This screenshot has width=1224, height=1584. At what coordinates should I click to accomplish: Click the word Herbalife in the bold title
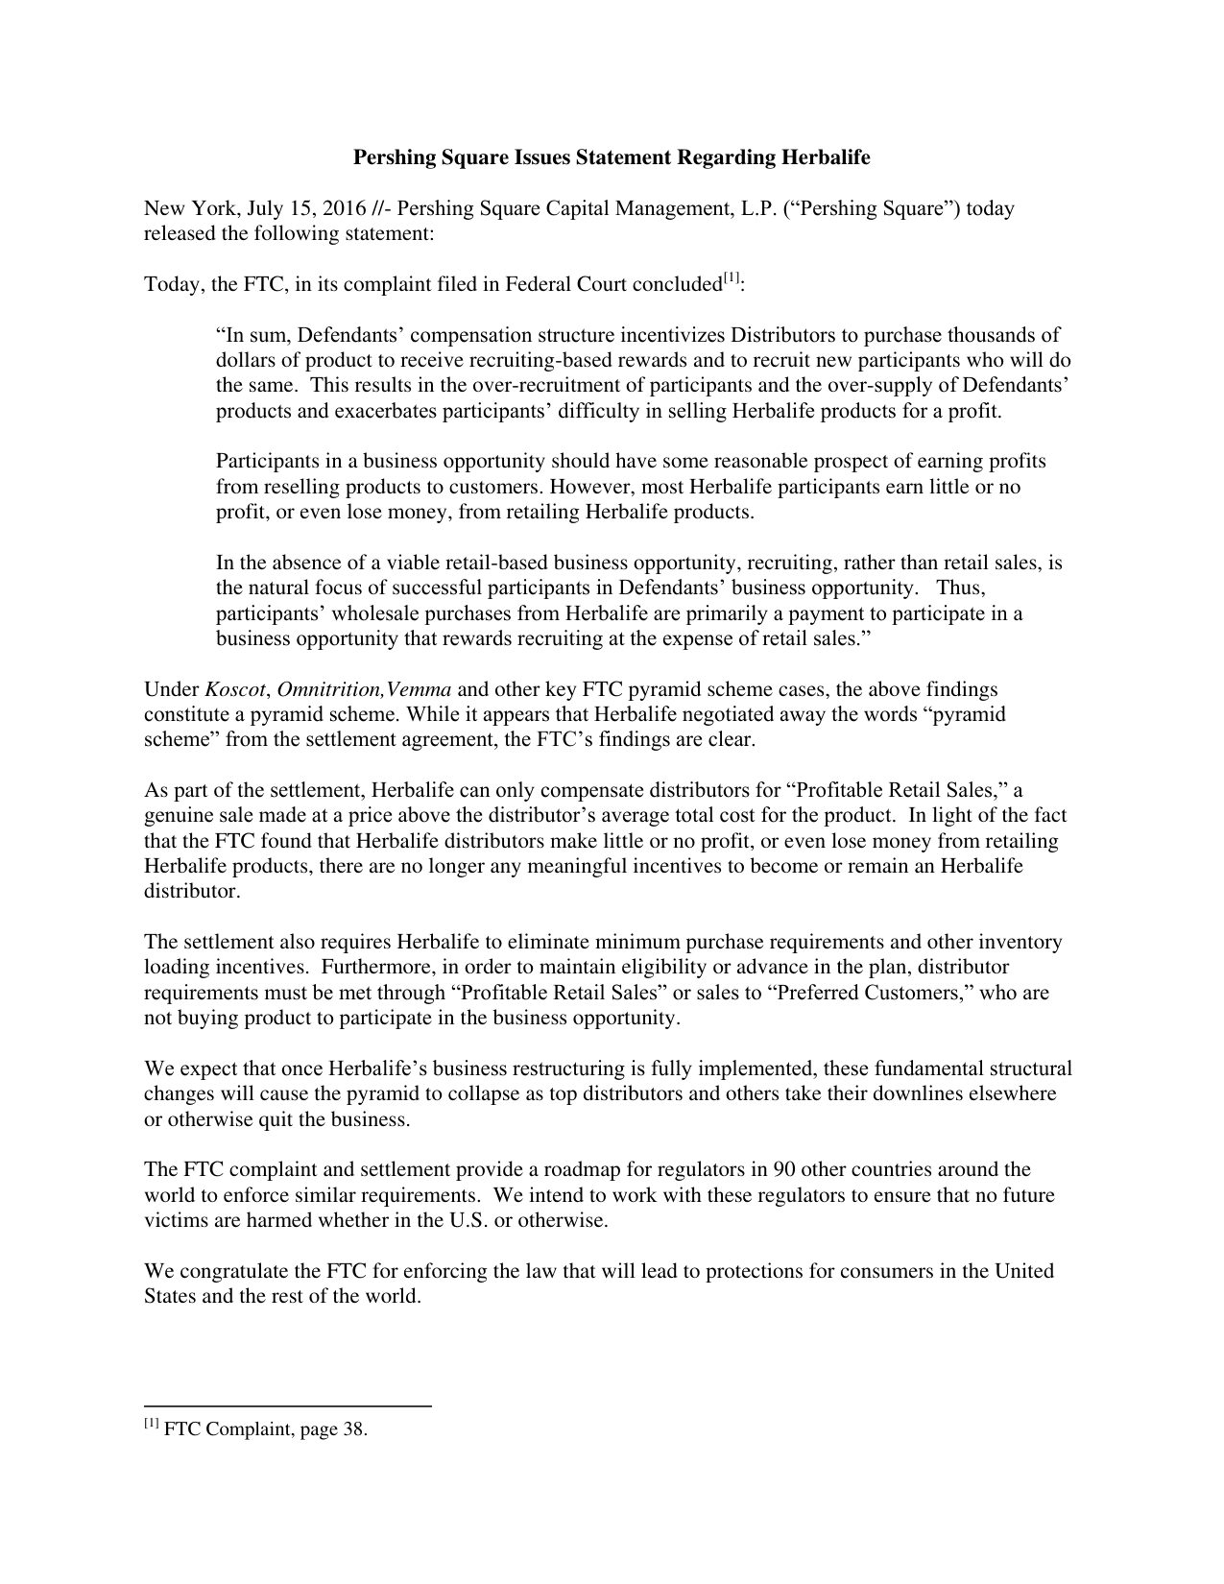point(826,157)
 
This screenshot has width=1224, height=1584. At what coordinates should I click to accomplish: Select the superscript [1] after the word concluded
point(732,279)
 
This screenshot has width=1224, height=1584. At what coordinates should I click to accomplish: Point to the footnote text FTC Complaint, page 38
point(266,1429)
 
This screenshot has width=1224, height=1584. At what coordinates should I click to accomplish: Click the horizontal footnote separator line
point(288,1406)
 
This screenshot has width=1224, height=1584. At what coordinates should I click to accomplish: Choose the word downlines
point(935,1094)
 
